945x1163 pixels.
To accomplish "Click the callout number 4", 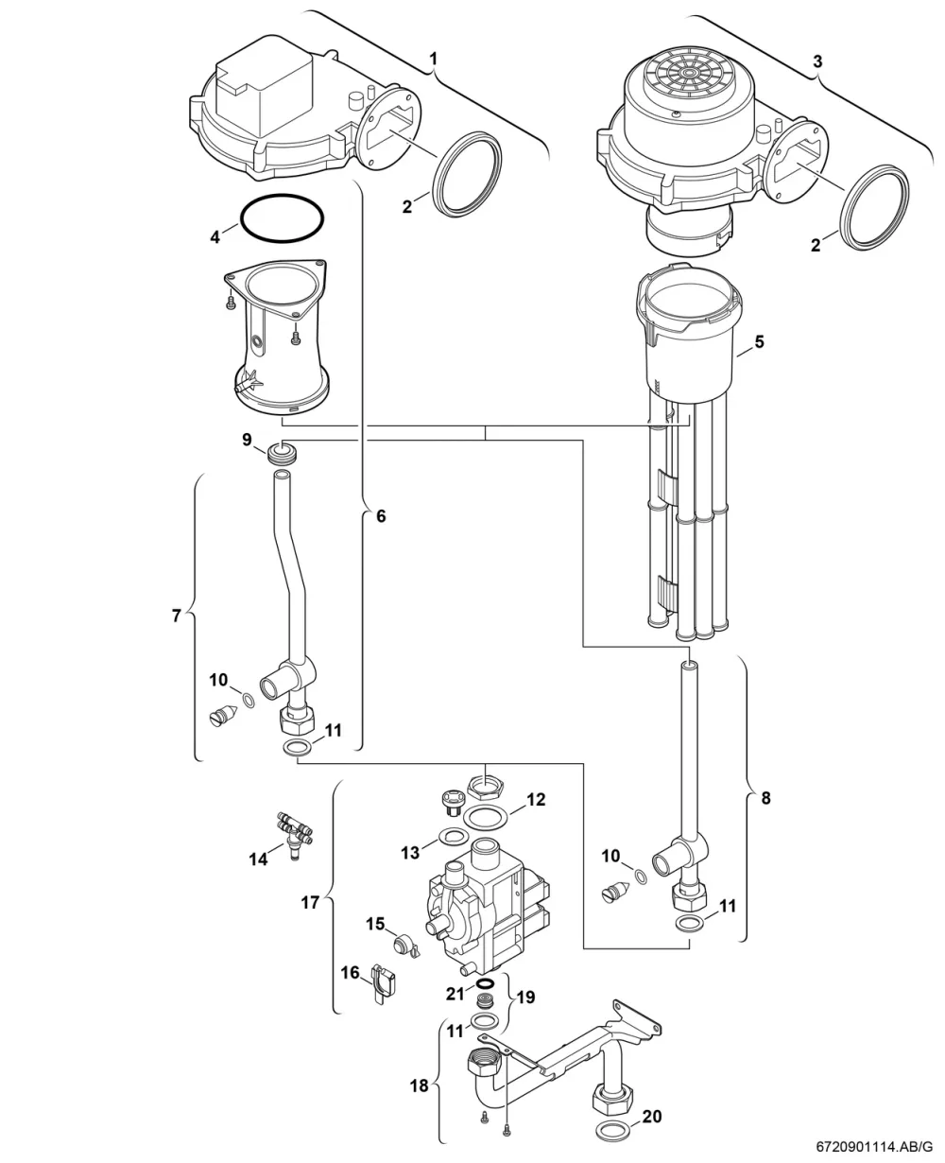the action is pyautogui.click(x=215, y=237).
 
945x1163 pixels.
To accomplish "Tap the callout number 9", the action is pyautogui.click(x=248, y=440).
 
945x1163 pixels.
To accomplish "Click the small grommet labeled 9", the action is pyautogui.click(x=282, y=454).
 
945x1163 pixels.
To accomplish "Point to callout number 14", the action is pyautogui.click(x=259, y=860).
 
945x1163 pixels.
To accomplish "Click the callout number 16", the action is pyautogui.click(x=351, y=972).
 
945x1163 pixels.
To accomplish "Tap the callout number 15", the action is pyautogui.click(x=375, y=924).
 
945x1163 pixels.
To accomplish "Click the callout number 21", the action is pyautogui.click(x=455, y=994).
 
